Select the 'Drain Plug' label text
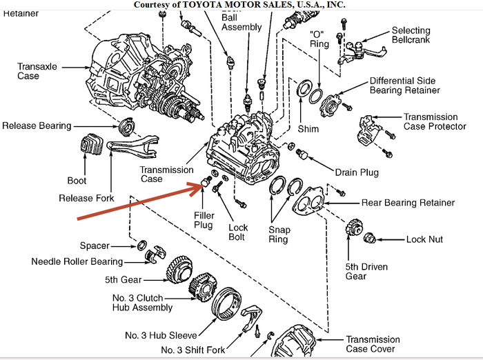click(356, 172)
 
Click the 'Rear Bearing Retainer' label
click(408, 203)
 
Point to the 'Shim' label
click(308, 129)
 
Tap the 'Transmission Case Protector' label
click(431, 122)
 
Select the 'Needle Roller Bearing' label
click(77, 261)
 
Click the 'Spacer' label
click(95, 246)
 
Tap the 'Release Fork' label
click(87, 199)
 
